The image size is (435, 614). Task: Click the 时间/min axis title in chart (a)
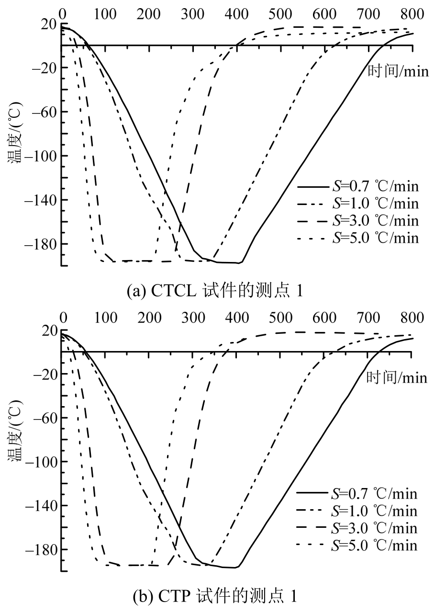(x=398, y=71)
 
